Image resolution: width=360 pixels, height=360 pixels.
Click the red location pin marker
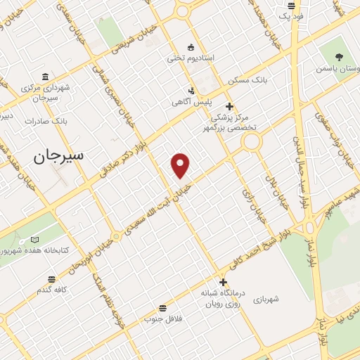click(181, 165)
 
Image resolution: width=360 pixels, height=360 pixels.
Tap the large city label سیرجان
click(58, 156)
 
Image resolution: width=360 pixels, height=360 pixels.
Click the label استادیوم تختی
click(190, 58)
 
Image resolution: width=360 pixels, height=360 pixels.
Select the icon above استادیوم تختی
click(190, 47)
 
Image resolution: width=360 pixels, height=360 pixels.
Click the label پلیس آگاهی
click(192, 102)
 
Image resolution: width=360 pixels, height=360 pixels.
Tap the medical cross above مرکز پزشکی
click(229, 106)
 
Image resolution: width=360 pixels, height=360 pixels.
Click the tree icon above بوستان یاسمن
click(340, 57)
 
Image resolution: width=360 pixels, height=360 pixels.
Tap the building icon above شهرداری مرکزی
click(45, 77)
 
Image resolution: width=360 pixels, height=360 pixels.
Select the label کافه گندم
click(53, 290)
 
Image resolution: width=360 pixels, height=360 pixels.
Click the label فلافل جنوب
click(163, 319)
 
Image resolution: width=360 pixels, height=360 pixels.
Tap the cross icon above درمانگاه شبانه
click(222, 283)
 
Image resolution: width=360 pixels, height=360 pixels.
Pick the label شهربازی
click(268, 299)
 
